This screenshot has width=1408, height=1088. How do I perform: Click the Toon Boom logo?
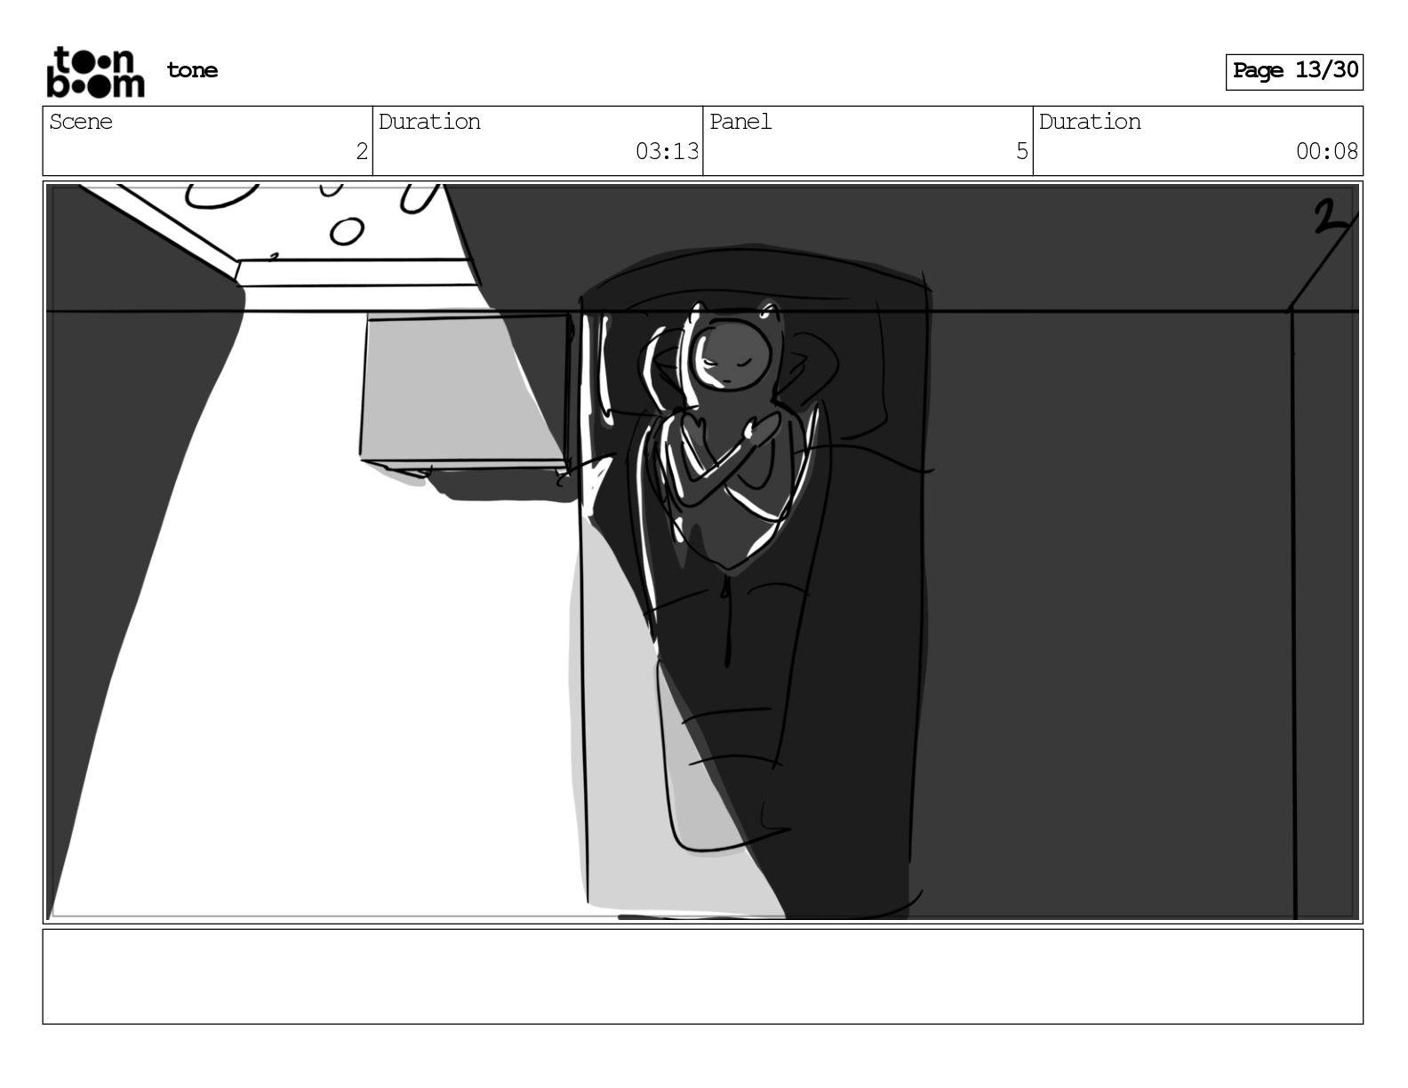(96, 72)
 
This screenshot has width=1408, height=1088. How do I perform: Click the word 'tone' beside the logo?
(192, 70)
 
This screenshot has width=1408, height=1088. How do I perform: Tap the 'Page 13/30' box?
(1294, 72)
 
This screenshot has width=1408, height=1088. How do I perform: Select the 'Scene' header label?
(81, 122)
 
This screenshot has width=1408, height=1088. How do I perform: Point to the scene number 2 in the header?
(362, 152)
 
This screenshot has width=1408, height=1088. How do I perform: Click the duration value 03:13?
(667, 152)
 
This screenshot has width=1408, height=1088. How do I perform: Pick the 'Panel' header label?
(740, 122)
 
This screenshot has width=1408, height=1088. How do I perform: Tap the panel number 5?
(1022, 152)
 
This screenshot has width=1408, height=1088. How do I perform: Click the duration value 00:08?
(1326, 152)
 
